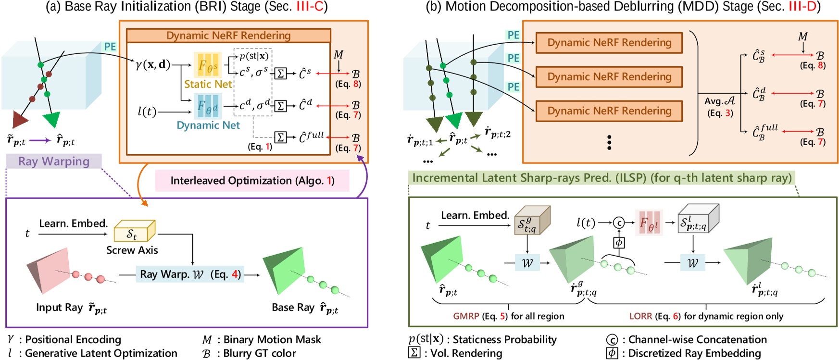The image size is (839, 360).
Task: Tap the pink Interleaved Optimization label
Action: coord(252,181)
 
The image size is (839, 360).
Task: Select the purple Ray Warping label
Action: coord(54,161)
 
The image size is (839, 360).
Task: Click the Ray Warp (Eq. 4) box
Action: coord(190,274)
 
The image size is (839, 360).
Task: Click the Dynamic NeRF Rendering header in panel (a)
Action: coord(228,36)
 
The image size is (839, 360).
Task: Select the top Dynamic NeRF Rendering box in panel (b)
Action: coord(609,43)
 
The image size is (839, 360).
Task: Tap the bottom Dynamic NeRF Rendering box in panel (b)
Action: coord(609,111)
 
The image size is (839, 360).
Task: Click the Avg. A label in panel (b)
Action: coord(719,101)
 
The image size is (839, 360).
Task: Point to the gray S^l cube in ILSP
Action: coord(697,221)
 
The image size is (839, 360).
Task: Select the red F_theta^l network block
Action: coord(649,223)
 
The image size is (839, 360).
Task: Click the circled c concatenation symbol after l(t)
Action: coord(618,223)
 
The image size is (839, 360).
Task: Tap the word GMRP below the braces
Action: coord(466,316)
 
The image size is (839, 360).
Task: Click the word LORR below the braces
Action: coord(640,316)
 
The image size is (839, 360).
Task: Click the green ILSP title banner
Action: coord(601,178)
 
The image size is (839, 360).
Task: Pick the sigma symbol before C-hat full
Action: coord(280,138)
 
